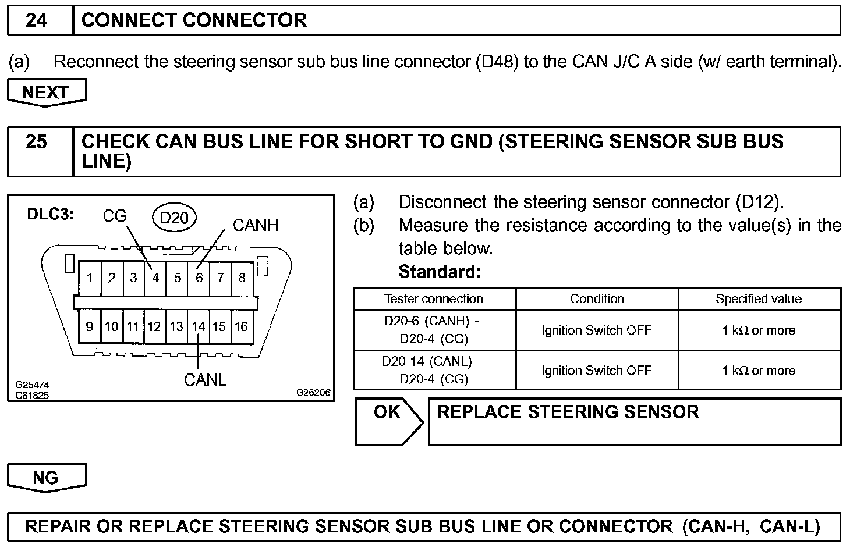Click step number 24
pos(37,20)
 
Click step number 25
pos(37,141)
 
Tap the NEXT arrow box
pos(46,92)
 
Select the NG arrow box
pos(46,478)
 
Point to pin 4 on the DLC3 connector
pos(155,278)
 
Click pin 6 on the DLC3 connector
pos(199,278)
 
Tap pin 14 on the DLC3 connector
pos(199,326)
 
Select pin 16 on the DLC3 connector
pos(242,326)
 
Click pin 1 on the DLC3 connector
pos(90,278)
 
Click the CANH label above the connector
pos(255,225)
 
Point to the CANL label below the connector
pos(205,380)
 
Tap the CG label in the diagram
pos(115,216)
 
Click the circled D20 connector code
pos(174,218)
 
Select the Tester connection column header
pos(434,299)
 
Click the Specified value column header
pos(759,299)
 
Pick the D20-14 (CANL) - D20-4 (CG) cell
pos(434,370)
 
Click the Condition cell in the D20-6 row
pos(596,330)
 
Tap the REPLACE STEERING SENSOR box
pos(634,421)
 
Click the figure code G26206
pos(313,393)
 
